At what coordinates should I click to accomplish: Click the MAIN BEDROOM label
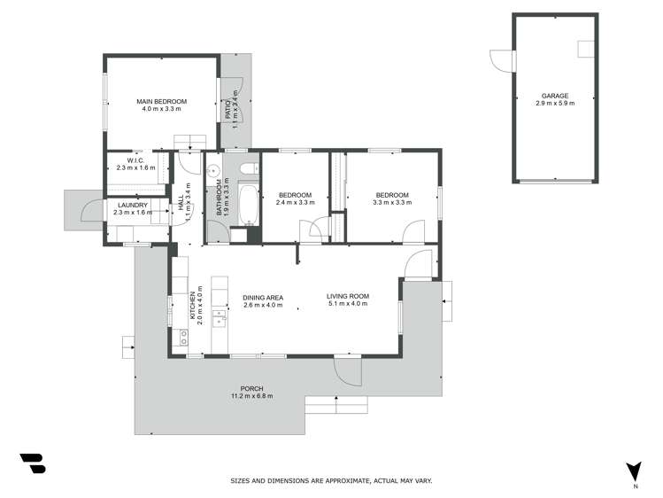pos(161,102)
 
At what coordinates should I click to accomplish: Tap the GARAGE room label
pos(555,96)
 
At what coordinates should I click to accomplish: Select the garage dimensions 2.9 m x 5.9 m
pos(555,104)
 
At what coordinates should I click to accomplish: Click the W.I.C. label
pos(135,160)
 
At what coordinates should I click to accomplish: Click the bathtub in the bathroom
pos(248,204)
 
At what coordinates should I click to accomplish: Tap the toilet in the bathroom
pos(248,167)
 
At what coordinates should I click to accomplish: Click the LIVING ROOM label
pos(347,296)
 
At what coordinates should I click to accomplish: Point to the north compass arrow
pos(634,471)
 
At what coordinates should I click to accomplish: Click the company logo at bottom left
pos(33,464)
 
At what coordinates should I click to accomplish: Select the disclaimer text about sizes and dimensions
pos(331,480)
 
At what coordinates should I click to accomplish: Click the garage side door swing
pos(503,61)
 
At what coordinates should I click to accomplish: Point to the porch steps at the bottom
pos(335,405)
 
